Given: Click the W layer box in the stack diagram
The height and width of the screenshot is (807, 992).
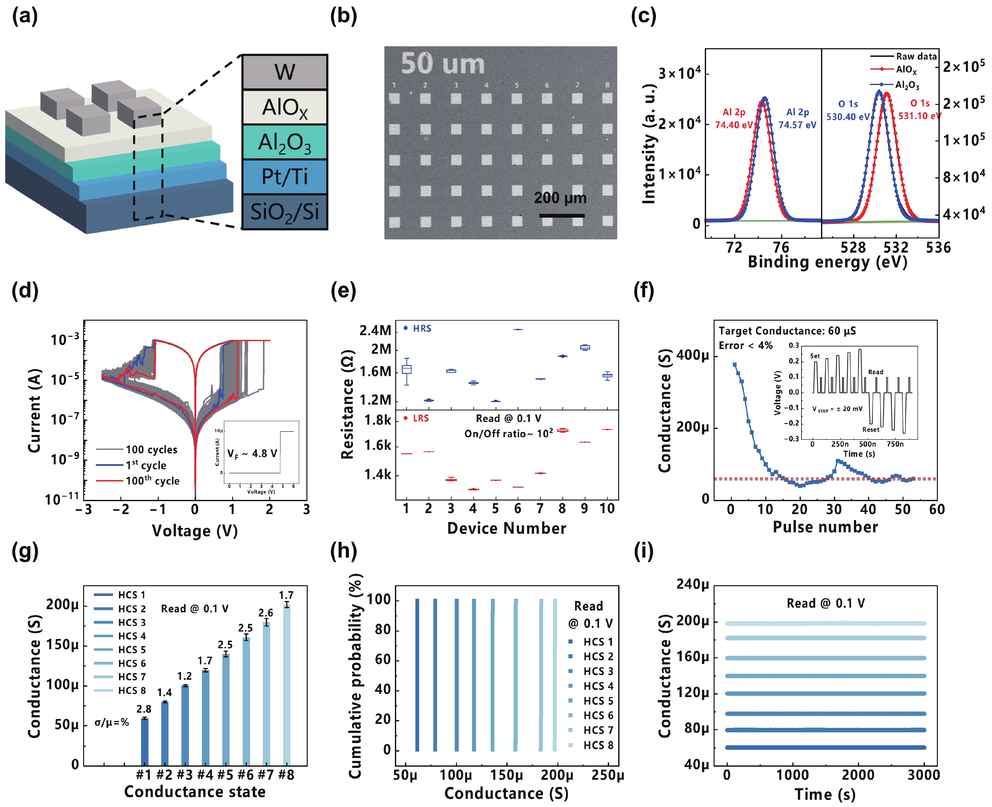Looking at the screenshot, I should pyautogui.click(x=285, y=72).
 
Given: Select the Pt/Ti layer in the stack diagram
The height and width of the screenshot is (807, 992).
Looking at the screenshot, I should pyautogui.click(x=285, y=177).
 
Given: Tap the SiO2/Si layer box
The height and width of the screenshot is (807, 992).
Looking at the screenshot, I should pyautogui.click(x=285, y=212).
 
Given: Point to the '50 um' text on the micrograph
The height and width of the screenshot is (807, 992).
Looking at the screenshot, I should pyautogui.click(x=442, y=64).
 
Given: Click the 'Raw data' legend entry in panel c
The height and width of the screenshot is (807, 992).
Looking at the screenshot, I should pyautogui.click(x=916, y=56).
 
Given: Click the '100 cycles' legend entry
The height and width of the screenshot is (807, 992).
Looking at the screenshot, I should pyautogui.click(x=151, y=449).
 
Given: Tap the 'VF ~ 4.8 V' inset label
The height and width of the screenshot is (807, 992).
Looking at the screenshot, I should pyautogui.click(x=252, y=454).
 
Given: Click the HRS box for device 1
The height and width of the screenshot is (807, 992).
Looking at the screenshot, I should pyautogui.click(x=407, y=369).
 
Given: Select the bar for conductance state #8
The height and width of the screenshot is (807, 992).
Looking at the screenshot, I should pyautogui.click(x=287, y=686).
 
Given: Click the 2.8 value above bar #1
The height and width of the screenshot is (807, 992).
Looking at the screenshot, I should pyautogui.click(x=144, y=709).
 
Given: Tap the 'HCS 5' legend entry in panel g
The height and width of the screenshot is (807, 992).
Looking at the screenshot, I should pyautogui.click(x=132, y=650).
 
